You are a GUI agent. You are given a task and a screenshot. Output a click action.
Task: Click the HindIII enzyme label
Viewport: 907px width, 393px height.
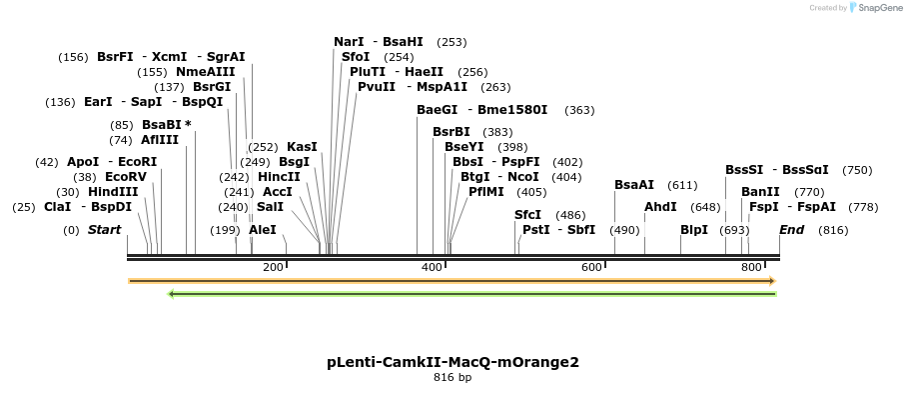[x=113, y=192]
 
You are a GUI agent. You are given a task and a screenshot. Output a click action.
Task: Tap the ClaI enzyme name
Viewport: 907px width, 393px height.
[x=56, y=207]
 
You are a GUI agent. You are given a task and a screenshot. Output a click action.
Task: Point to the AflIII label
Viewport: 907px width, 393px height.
[x=160, y=140]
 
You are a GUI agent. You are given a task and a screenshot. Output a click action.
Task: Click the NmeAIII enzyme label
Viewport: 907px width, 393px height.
[x=206, y=72]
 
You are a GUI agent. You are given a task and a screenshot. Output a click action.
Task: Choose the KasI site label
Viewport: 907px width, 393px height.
[x=302, y=147]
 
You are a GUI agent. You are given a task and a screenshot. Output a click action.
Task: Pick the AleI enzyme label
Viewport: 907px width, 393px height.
[x=263, y=230]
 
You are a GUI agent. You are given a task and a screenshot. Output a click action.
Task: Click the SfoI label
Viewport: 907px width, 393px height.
[x=356, y=57]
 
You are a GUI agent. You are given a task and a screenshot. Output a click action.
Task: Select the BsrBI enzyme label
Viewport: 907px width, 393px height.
[x=452, y=132]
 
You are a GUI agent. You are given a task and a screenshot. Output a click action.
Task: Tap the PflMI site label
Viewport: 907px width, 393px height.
[x=486, y=192]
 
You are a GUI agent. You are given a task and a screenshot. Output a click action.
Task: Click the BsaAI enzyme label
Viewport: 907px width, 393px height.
[x=634, y=185]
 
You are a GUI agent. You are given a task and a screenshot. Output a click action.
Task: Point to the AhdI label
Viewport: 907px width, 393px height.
[x=660, y=207]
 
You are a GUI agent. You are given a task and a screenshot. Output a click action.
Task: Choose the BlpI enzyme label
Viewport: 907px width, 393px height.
[x=694, y=230]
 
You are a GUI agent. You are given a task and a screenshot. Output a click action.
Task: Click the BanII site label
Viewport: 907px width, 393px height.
[x=760, y=192]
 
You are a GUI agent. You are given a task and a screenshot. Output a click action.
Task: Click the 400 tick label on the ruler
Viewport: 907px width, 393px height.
[x=433, y=267]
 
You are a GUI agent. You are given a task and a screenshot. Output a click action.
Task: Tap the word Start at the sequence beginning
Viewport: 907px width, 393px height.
[x=104, y=230]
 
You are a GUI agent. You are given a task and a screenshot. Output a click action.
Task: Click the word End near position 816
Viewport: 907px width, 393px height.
[x=791, y=230]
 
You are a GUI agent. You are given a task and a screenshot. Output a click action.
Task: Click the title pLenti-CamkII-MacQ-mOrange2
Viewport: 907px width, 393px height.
[x=453, y=362]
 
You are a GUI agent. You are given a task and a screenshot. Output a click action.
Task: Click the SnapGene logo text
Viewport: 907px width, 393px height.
[x=880, y=8]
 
